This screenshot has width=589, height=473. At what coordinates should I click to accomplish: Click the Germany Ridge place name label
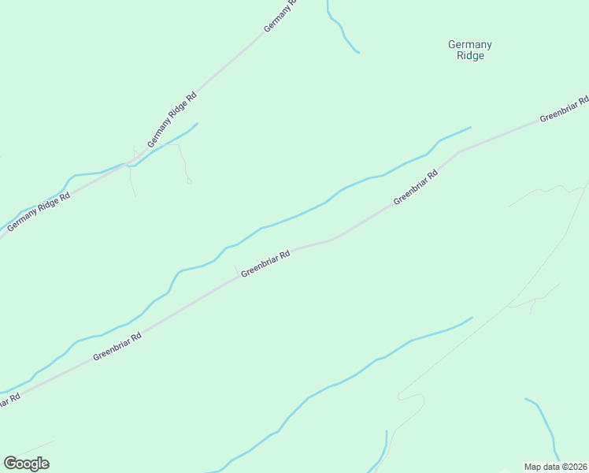pos(470,50)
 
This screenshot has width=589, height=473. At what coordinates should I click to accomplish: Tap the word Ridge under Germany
pos(470,56)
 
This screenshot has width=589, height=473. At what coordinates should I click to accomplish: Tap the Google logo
pos(26,464)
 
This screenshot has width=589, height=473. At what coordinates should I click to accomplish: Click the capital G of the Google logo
pos(9,464)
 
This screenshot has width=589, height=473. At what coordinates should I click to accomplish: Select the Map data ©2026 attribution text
pos(555,467)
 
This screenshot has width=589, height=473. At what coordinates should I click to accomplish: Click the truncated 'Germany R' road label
pos(282,16)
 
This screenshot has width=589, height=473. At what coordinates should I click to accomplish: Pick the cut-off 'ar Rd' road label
pos(8,400)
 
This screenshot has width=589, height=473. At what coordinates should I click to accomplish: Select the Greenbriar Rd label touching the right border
pos(564,110)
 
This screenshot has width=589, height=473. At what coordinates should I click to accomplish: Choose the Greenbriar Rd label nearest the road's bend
pos(415,188)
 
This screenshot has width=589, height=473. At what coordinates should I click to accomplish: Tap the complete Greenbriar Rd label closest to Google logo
pos(117,346)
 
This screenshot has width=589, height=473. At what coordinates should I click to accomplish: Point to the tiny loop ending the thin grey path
pos(189,181)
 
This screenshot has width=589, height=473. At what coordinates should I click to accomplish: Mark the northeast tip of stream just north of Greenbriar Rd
pos(470,127)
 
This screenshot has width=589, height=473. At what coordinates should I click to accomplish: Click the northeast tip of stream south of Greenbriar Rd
pos(472,318)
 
